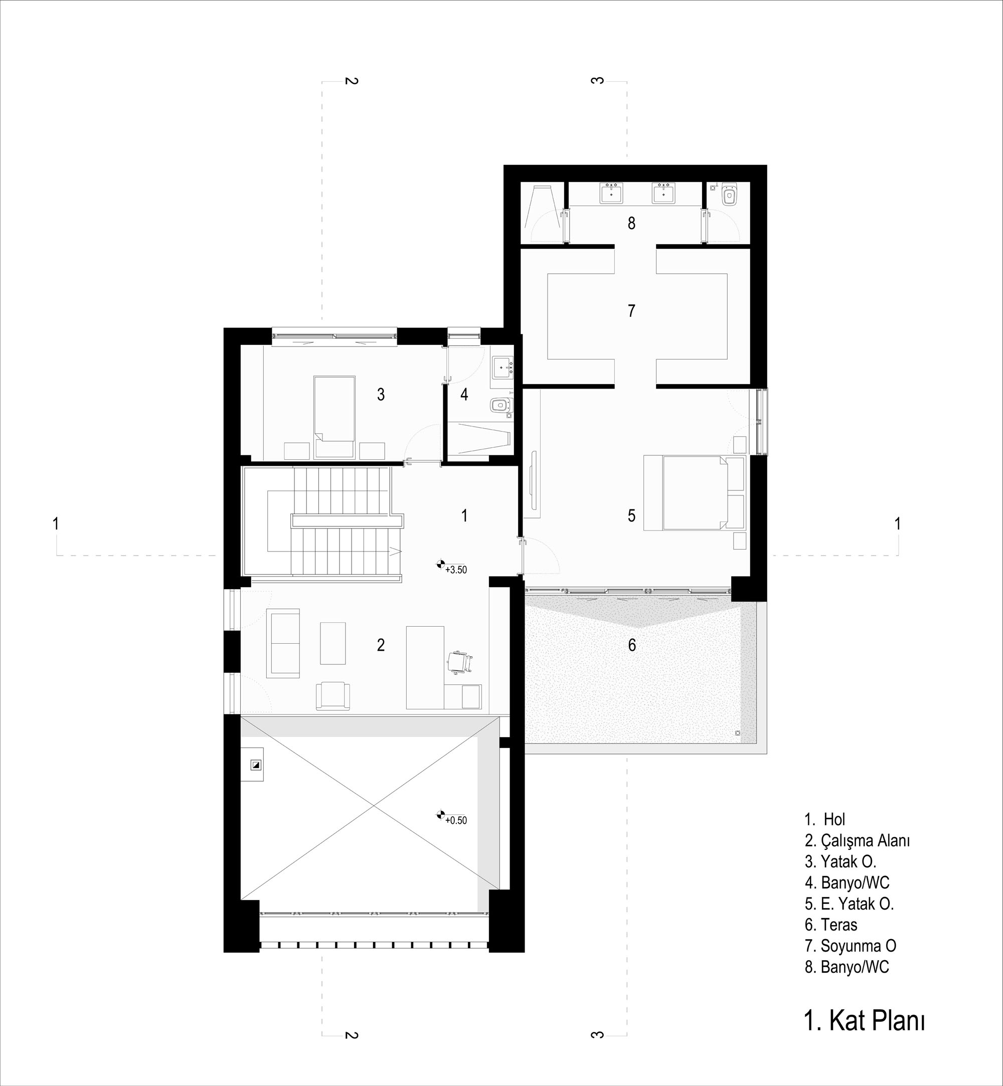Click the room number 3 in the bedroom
point(381,395)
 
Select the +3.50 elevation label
point(456,570)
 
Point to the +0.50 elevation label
point(456,821)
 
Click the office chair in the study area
point(459,663)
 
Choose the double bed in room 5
point(694,493)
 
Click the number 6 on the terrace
point(631,645)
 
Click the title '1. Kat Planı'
point(865,1020)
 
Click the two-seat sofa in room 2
point(283,643)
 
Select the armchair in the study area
point(332,696)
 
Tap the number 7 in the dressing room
point(631,311)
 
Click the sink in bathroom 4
point(501,368)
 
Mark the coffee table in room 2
point(332,643)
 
